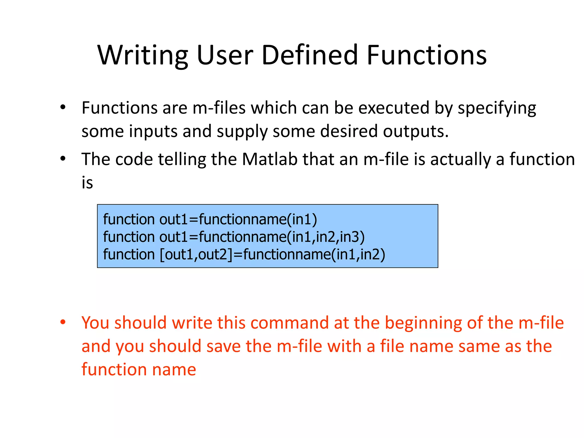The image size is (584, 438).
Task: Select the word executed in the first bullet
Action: point(394,108)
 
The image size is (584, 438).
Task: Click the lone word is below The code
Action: point(87,183)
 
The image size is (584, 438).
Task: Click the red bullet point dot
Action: point(63,322)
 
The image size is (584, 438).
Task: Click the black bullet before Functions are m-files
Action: point(63,108)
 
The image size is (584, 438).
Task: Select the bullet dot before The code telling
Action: point(63,159)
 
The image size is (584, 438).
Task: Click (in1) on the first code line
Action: point(302,220)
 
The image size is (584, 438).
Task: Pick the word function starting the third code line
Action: point(129,254)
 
